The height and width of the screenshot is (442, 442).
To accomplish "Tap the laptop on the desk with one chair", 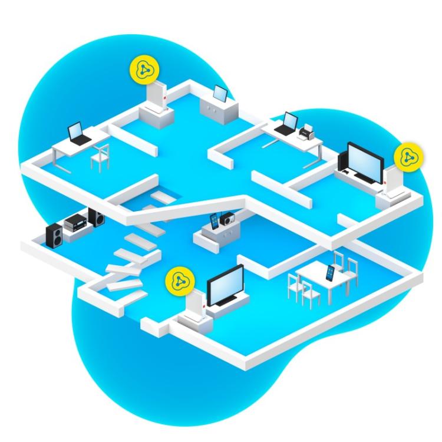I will tap(77, 133).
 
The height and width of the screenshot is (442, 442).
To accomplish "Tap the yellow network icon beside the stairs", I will tap(177, 281).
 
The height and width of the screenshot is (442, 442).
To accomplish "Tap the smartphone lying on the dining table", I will tap(330, 273).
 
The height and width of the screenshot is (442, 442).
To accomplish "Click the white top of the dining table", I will tap(321, 277).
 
